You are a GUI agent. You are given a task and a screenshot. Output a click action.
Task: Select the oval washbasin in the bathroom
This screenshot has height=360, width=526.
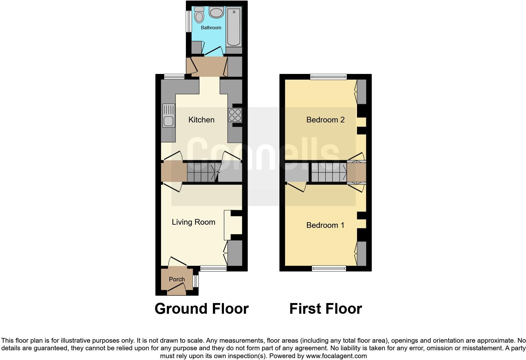[x=216, y=13]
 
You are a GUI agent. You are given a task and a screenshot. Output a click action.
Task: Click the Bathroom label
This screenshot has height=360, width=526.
[x=211, y=28]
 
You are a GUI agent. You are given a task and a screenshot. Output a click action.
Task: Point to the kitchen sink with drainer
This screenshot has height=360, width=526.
[x=169, y=115]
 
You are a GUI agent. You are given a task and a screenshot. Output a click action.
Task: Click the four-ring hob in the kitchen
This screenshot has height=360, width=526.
[x=235, y=115]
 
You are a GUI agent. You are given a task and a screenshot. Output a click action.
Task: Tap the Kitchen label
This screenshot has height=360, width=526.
[x=201, y=120]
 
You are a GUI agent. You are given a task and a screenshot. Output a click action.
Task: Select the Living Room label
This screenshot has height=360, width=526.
[x=193, y=222]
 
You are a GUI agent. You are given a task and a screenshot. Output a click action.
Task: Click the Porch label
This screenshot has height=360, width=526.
[x=176, y=279]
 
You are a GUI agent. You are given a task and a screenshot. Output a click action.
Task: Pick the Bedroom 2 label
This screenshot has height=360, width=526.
[x=325, y=120]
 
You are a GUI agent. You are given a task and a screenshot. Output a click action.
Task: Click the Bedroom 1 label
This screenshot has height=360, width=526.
[x=325, y=225]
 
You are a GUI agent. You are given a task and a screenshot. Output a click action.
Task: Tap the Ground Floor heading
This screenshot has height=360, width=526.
[x=201, y=309]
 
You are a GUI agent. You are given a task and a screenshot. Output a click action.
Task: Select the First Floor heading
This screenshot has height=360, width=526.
[x=325, y=309]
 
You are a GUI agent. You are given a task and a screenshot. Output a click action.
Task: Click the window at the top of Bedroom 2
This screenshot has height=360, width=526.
[x=328, y=76]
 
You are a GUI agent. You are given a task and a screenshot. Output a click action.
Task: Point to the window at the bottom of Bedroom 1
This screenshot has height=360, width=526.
[x=329, y=268]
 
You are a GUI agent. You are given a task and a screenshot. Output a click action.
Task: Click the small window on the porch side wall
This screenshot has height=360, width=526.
[x=196, y=281]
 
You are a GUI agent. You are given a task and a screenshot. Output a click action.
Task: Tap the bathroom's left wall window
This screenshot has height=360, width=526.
[x=189, y=21]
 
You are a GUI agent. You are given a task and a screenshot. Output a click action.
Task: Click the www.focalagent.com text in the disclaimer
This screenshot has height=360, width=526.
[x=336, y=356]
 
